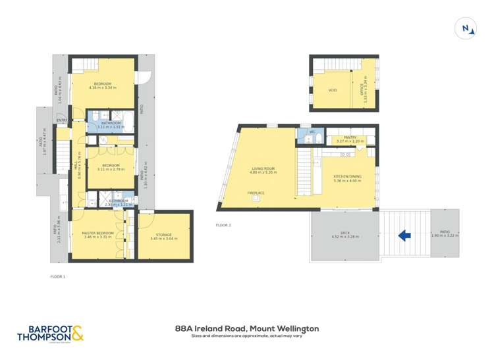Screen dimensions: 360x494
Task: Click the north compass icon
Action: [x=466, y=28]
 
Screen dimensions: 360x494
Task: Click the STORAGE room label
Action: [x=163, y=234]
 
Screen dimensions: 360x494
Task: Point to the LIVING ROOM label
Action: [x=263, y=168]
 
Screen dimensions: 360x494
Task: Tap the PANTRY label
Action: [x=350, y=138]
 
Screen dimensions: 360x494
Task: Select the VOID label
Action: [x=333, y=90]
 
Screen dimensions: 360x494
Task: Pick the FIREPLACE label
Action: [x=256, y=193]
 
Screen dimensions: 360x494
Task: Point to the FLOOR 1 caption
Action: [x=58, y=277]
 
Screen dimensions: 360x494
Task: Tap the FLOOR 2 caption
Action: [x=224, y=225]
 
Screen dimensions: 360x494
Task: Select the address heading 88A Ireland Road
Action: [x=247, y=328]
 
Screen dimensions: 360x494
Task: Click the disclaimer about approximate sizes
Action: [x=247, y=336]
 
